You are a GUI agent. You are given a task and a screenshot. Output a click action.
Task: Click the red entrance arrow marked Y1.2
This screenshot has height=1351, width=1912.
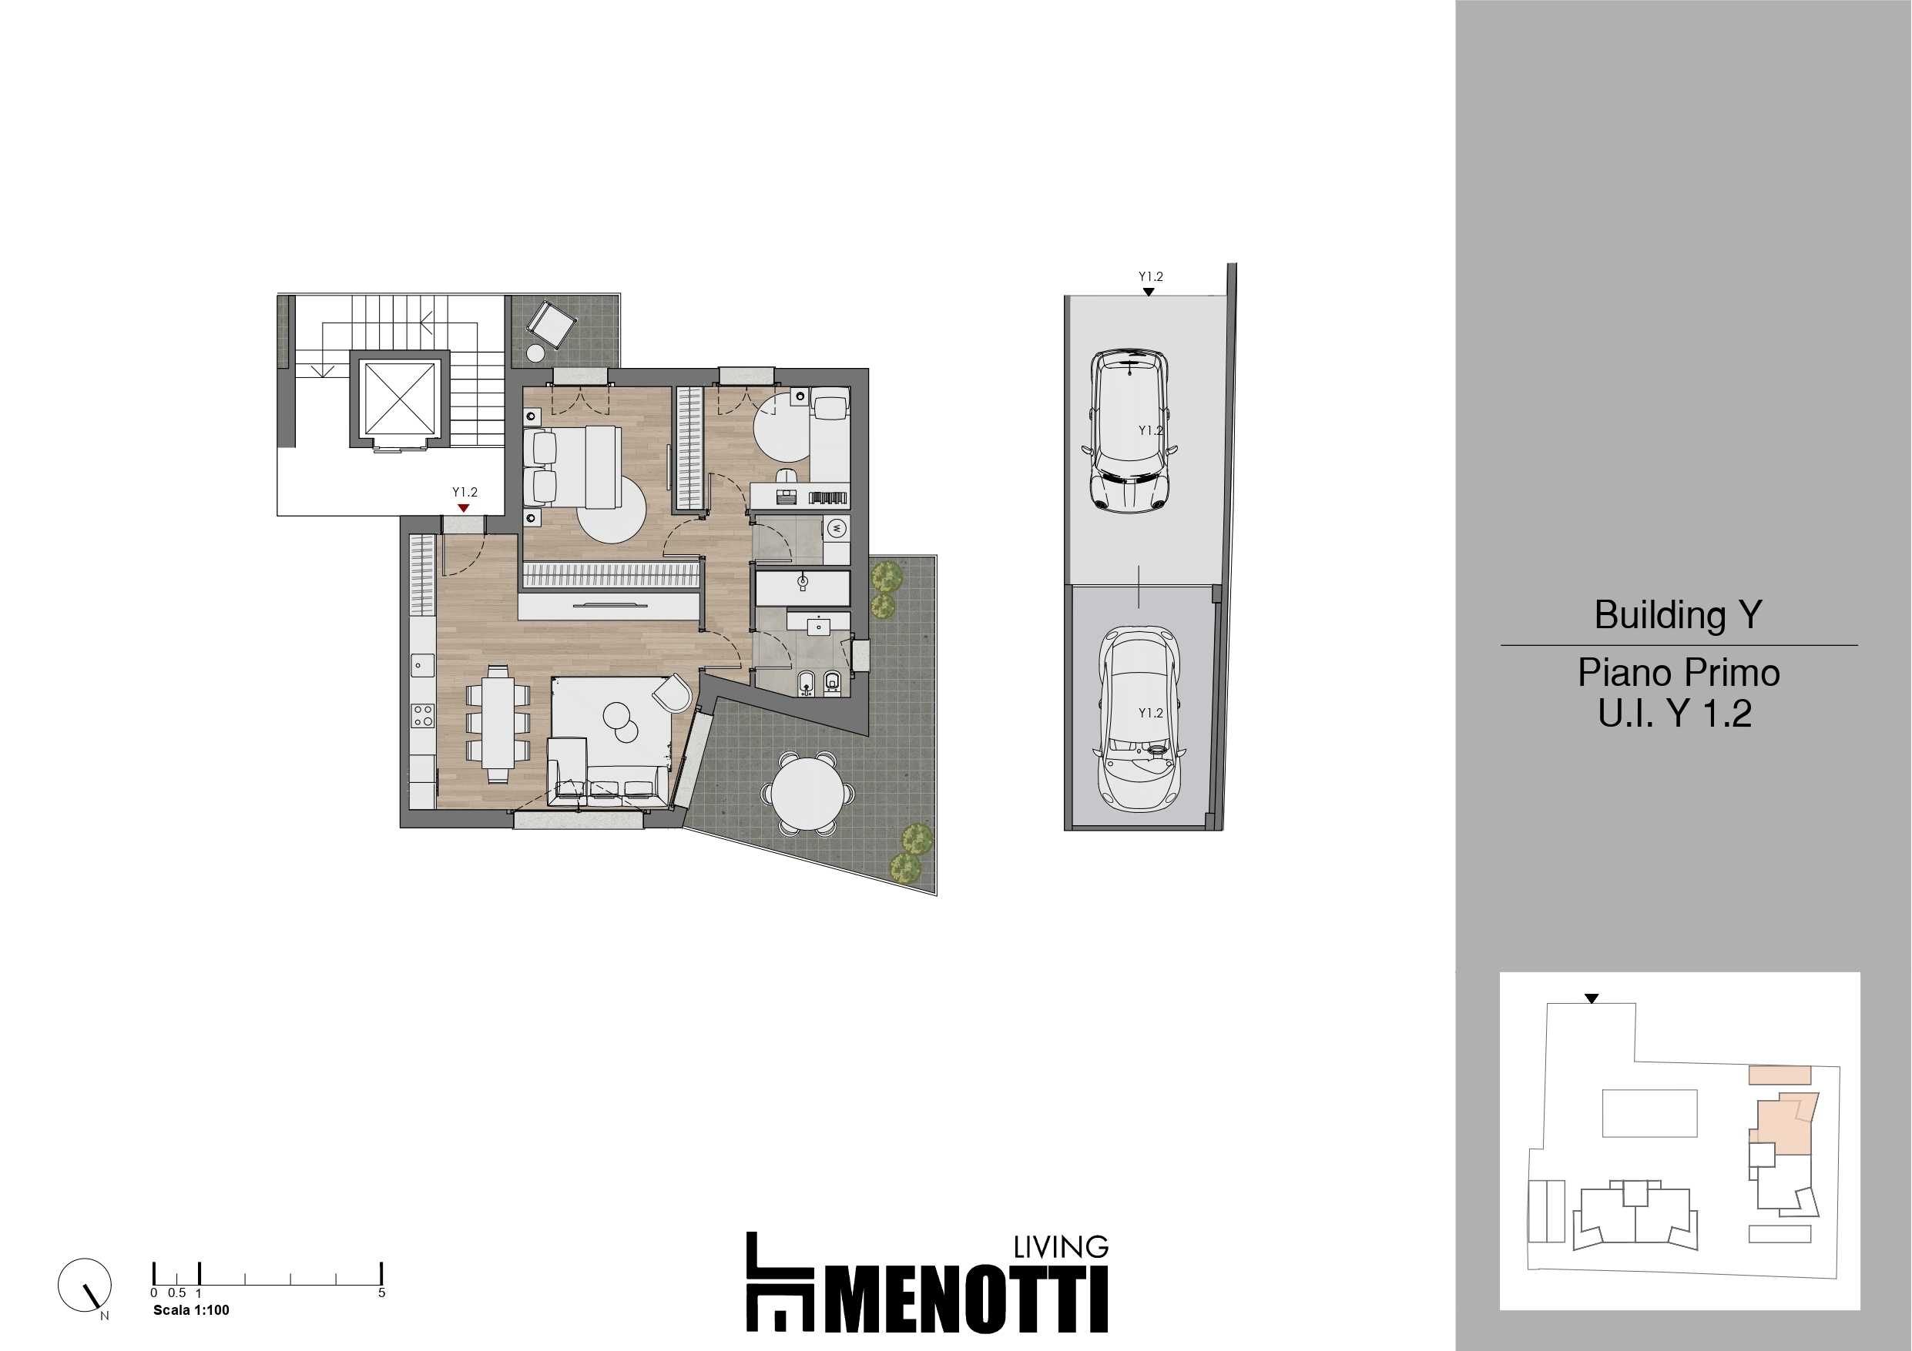click(x=464, y=508)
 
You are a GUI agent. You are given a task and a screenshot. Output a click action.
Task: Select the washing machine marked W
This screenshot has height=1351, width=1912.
click(x=837, y=528)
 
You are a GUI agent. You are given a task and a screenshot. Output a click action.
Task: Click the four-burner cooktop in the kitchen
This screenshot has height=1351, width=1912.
click(x=422, y=715)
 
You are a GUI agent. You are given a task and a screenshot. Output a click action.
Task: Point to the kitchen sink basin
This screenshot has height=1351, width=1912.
click(x=421, y=665)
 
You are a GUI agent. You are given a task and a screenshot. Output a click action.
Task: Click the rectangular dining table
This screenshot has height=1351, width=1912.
click(x=498, y=724)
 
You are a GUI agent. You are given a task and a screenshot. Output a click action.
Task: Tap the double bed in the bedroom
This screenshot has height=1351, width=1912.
click(x=573, y=467)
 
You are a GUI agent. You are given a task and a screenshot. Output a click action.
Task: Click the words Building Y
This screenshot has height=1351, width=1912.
click(x=1678, y=615)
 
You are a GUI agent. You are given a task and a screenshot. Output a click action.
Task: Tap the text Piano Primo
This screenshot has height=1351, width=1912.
click(x=1679, y=673)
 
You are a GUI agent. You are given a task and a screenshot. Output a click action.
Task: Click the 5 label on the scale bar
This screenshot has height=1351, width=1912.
click(x=381, y=1292)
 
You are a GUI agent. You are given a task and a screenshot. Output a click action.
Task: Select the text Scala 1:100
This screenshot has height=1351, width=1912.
click(x=191, y=1310)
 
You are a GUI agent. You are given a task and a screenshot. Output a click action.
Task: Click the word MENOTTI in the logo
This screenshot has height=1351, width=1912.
click(x=967, y=1299)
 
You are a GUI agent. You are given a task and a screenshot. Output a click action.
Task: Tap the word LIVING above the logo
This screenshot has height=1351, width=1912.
click(x=1061, y=1247)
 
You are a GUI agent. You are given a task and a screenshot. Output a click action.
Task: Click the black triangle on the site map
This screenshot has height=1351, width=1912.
click(x=1592, y=999)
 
